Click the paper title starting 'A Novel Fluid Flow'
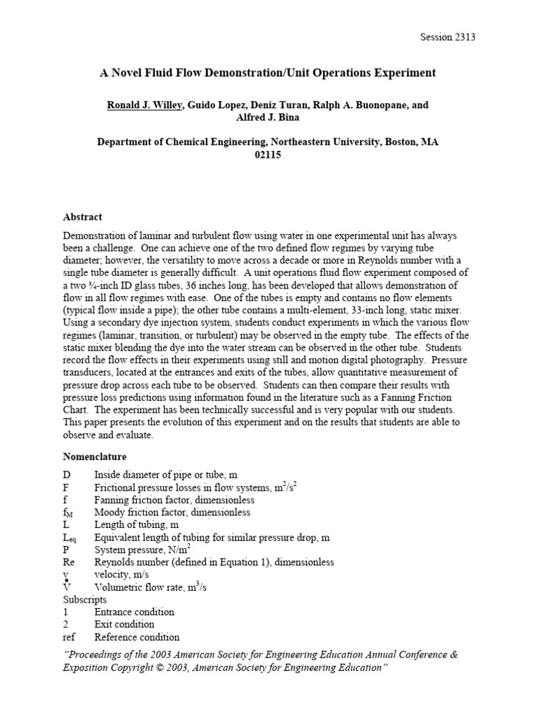[x=268, y=72]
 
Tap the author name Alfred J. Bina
[x=268, y=117]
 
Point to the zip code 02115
[x=268, y=154]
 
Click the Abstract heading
[x=82, y=217]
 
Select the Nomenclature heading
[x=95, y=457]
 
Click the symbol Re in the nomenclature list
[x=69, y=562]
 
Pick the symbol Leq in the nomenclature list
[x=70, y=538]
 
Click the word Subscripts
[x=85, y=599]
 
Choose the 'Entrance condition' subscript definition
[x=134, y=612]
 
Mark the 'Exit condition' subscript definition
[x=124, y=624]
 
